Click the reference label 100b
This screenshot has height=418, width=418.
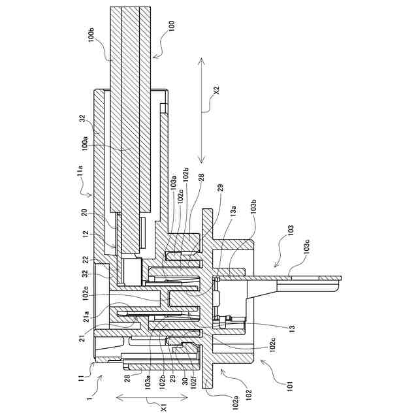tap(91, 35)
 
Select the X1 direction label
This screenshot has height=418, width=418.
tap(165, 407)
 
